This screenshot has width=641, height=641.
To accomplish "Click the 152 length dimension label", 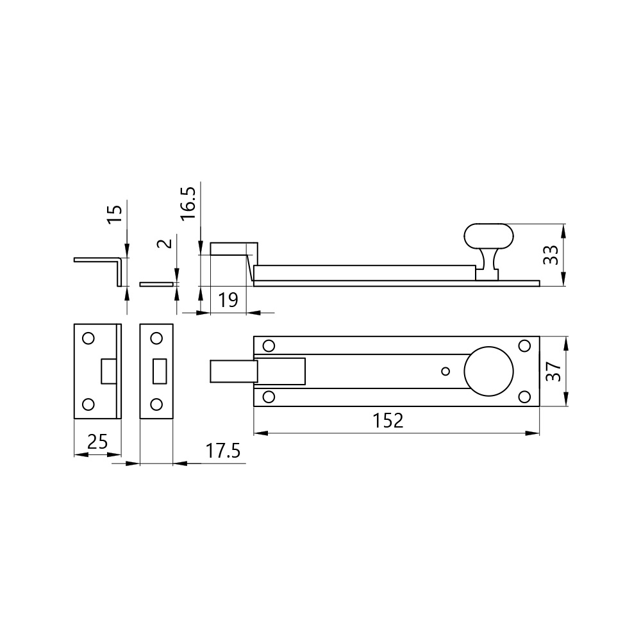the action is pyautogui.click(x=388, y=420).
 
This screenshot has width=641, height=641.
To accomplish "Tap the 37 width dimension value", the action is pyautogui.click(x=554, y=372).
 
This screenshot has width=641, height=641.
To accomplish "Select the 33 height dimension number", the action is pyautogui.click(x=551, y=255).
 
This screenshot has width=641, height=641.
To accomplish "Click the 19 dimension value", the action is pyautogui.click(x=228, y=300).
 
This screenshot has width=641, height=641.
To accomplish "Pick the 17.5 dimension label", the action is pyautogui.click(x=223, y=451).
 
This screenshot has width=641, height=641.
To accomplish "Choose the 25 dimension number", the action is pyautogui.click(x=97, y=442).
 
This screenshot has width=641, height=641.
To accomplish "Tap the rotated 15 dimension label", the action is pyautogui.click(x=115, y=214).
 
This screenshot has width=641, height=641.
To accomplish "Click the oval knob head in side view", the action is pyautogui.click(x=488, y=237).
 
